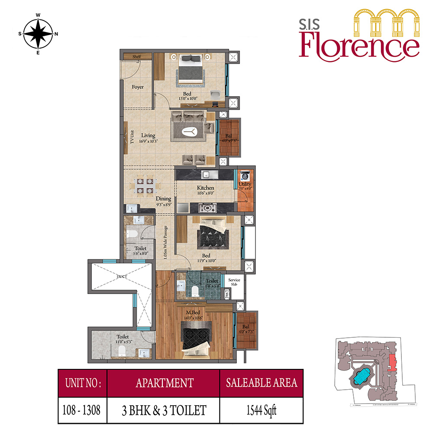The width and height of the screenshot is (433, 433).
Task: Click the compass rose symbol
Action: tap(38, 34)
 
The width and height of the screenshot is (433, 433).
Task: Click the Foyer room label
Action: tap(138, 87)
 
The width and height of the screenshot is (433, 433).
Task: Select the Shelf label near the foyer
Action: tap(137, 57)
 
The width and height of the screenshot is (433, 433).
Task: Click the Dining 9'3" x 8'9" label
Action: tap(164, 201)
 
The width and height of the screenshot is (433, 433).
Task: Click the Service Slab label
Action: tap(234, 282)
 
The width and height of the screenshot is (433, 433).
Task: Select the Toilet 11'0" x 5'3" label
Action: tap(122, 339)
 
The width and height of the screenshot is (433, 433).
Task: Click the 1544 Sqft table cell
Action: tap(261, 409)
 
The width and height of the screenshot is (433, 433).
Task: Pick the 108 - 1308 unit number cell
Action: tap(82, 409)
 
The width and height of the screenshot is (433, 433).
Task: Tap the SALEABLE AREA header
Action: tap(261, 383)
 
